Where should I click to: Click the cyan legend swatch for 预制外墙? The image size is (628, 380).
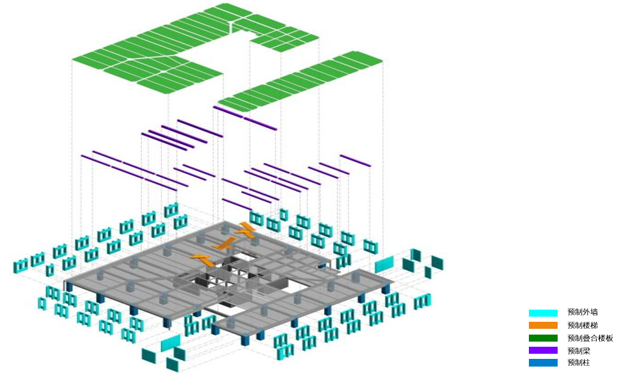click(542, 313)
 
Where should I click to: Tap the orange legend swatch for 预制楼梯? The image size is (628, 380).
click(542, 325)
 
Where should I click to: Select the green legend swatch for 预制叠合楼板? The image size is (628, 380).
click(542, 338)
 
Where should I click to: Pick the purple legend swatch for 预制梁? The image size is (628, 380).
click(542, 350)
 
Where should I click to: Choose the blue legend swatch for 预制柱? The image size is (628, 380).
click(542, 363)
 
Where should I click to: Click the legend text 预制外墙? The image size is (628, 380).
click(582, 313)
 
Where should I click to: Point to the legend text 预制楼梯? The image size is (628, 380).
click(582, 325)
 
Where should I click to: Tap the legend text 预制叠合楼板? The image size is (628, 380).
click(590, 338)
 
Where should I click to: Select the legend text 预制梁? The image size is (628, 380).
click(578, 350)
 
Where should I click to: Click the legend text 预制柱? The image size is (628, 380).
click(578, 363)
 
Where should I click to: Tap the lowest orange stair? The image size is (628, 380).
click(202, 258)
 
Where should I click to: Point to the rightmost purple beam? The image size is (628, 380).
click(355, 161)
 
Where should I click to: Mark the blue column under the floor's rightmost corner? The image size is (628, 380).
click(386, 289)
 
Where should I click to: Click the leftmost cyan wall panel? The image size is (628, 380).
click(20, 265)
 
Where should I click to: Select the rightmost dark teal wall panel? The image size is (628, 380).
click(437, 262)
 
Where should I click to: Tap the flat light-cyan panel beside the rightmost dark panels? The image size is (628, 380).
click(384, 264)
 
